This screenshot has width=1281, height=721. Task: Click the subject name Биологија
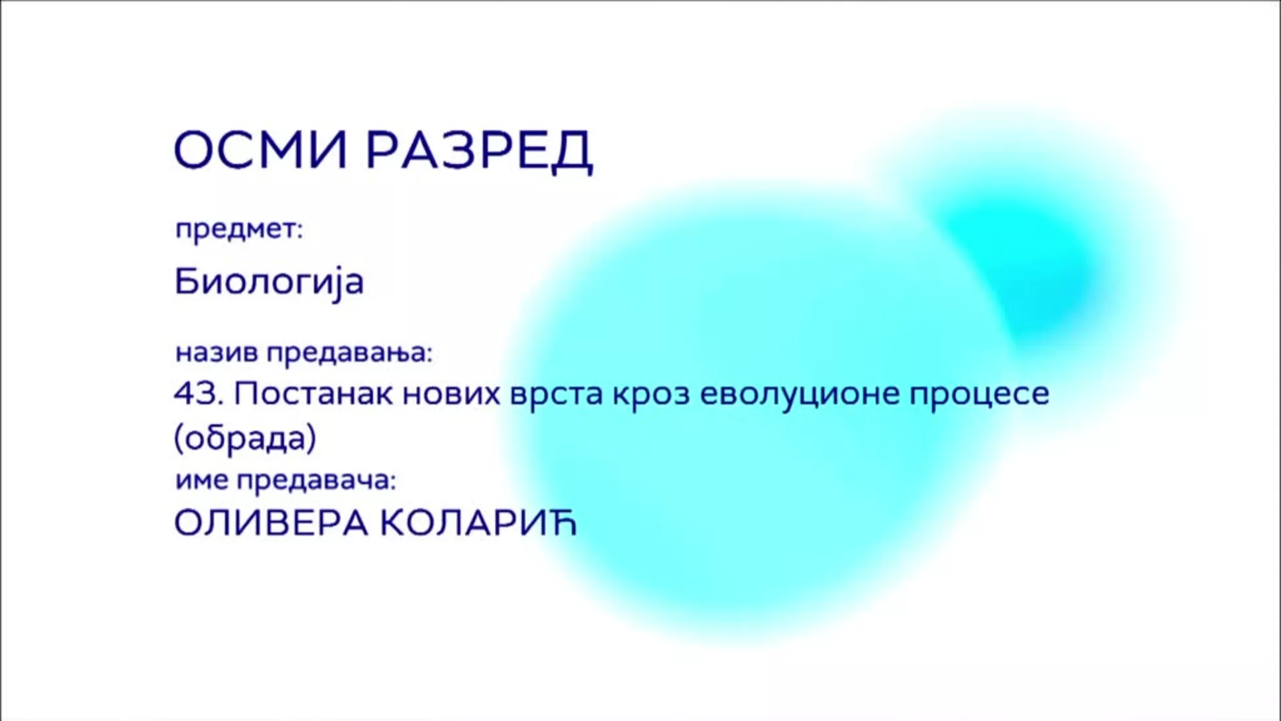click(269, 282)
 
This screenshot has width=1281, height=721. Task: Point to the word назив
click(216, 352)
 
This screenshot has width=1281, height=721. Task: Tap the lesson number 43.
click(198, 394)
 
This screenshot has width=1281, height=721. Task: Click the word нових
click(452, 395)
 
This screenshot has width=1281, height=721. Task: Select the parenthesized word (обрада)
click(245, 439)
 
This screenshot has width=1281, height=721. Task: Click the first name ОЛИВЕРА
click(271, 524)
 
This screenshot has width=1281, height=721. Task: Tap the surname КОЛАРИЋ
click(478, 523)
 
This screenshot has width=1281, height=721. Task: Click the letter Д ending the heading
click(572, 153)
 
